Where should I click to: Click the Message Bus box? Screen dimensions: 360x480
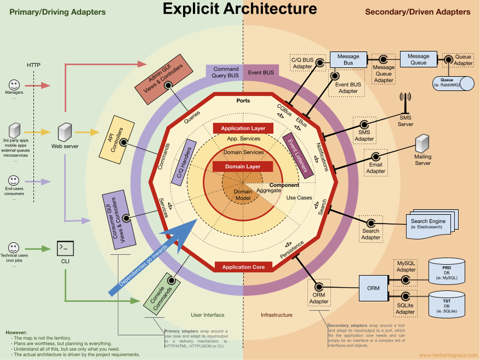click(x=348, y=60)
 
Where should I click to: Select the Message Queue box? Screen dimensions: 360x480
click(x=418, y=59)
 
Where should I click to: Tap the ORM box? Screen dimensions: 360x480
click(x=373, y=288)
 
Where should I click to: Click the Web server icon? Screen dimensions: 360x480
click(x=65, y=132)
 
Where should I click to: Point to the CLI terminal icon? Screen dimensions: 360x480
click(x=65, y=248)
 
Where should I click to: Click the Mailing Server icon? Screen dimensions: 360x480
click(x=422, y=144)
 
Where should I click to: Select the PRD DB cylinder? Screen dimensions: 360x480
click(x=447, y=271)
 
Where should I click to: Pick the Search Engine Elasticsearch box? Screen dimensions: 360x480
click(x=428, y=225)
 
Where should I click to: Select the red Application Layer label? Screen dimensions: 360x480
click(x=243, y=128)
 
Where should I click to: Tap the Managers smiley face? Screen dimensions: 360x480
click(x=15, y=85)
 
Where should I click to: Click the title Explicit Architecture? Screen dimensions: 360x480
click(x=239, y=9)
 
